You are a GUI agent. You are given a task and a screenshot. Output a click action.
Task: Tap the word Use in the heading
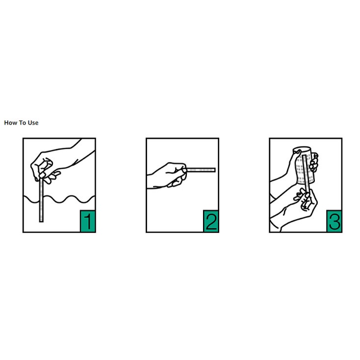tap(33, 123)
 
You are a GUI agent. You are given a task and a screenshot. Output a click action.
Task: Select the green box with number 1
tap(88, 221)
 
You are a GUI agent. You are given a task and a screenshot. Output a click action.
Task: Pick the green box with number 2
tap(211, 221)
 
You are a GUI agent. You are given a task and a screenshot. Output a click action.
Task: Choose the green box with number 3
tap(334, 221)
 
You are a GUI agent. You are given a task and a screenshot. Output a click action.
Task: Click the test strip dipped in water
tap(41, 200)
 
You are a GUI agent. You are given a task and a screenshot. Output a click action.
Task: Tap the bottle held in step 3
tap(304, 166)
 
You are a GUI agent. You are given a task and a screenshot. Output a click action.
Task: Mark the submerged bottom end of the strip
tap(41, 221)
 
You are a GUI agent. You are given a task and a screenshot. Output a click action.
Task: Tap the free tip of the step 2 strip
tap(215, 170)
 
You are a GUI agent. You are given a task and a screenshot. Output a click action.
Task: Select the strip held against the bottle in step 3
tap(307, 173)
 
